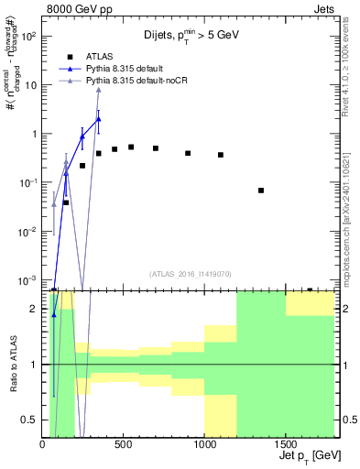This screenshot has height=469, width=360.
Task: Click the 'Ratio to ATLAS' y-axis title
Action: coord(14,365)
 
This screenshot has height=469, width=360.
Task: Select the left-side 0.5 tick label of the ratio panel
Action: coord(30,420)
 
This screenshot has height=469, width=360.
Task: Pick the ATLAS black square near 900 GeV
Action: coord(188,153)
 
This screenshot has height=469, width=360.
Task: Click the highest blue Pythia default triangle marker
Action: coord(98,119)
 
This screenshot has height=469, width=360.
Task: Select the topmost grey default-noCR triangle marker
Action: coord(98,89)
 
